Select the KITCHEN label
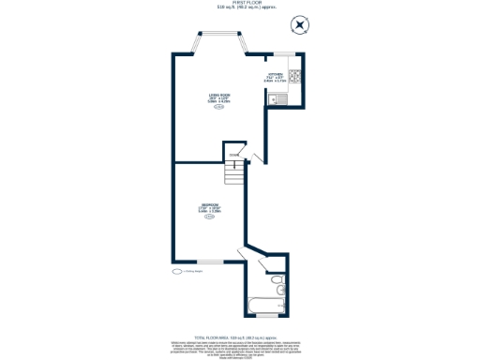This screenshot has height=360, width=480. coord(276,75)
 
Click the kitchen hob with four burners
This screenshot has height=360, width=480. coord(293,76)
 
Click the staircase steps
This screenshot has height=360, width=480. coord(232,174)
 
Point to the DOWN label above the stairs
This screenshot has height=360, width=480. coord(233,155)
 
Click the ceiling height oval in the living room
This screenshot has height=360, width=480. coord(219,108)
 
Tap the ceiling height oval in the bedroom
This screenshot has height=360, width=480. coord(209,217)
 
